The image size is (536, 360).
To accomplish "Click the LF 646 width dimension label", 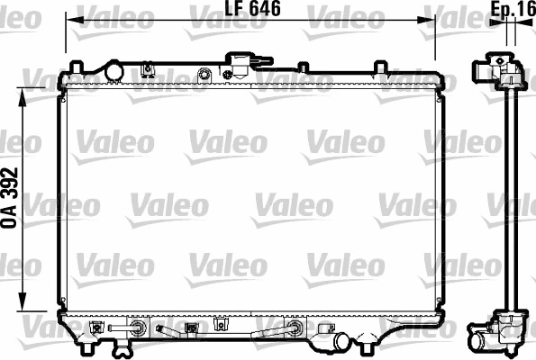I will point(250,10).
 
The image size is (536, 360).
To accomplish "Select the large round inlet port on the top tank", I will point(114,70).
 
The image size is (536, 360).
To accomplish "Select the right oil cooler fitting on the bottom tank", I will point(294,328).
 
